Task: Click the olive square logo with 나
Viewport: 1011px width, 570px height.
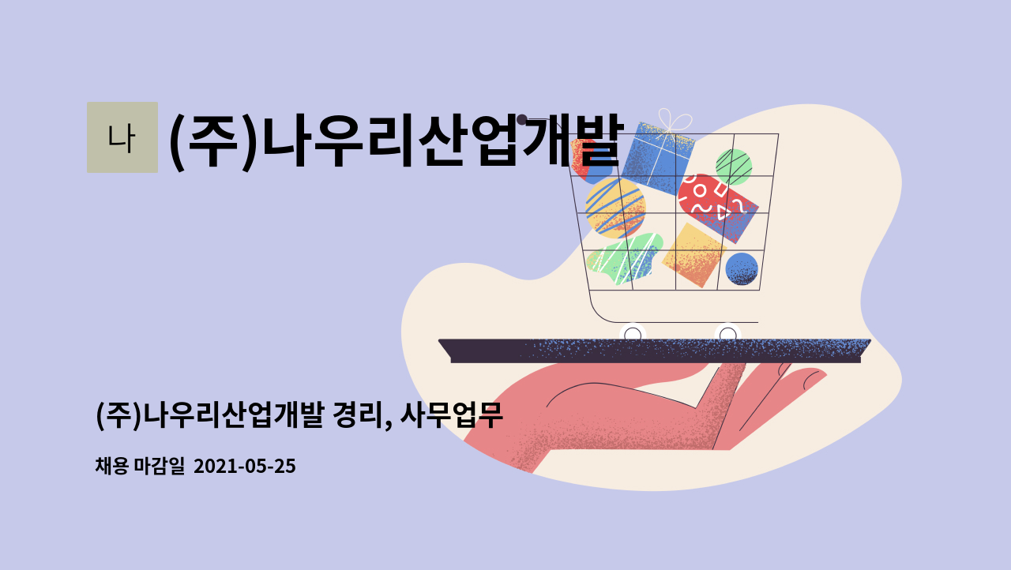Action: coord(122,137)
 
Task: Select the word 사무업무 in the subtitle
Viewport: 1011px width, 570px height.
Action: coord(451,415)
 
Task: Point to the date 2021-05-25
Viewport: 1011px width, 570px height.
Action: coord(245,466)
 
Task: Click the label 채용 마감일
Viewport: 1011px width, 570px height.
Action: coord(140,466)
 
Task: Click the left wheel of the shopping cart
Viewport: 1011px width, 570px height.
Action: coord(633,334)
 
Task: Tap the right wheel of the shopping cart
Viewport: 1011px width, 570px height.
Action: coord(727,334)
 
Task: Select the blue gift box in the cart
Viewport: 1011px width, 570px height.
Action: coord(658,158)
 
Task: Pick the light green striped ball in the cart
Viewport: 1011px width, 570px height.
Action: coord(734,167)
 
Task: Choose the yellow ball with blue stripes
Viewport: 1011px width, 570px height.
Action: coord(615,208)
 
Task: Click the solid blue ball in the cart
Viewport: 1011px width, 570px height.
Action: coord(742,268)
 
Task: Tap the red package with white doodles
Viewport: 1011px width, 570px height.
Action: coord(718,208)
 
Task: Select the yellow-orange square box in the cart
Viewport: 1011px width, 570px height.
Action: coord(694,255)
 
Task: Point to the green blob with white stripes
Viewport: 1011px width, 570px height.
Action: coord(625,259)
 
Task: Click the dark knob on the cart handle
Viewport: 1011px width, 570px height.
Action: coord(522,119)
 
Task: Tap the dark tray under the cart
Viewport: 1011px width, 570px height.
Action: coord(655,351)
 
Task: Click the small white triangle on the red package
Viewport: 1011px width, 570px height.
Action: coord(723,212)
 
